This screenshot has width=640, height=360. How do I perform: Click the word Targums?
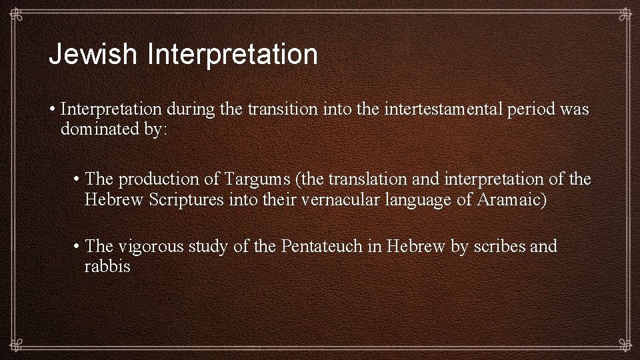coord(259,179)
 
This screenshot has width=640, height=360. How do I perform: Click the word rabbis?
coord(107,267)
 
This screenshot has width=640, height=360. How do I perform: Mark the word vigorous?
coord(153,247)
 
